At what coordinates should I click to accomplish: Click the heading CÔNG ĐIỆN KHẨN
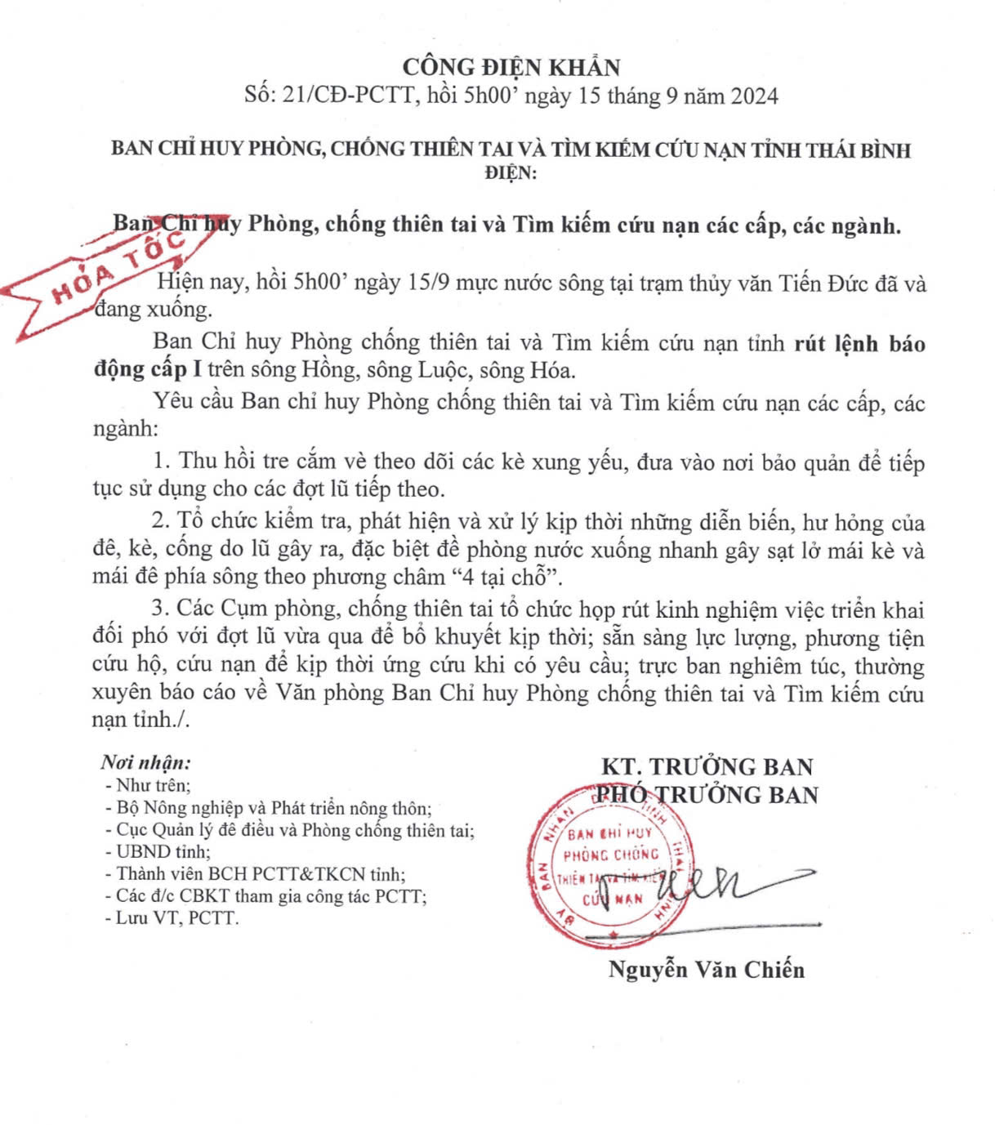(511, 66)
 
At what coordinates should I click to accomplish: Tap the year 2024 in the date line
(754, 96)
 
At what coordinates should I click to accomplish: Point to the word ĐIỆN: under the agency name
(511, 173)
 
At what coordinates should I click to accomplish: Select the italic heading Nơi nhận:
(145, 763)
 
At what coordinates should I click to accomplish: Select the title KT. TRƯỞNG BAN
(707, 766)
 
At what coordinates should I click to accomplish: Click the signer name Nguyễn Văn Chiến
(707, 970)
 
